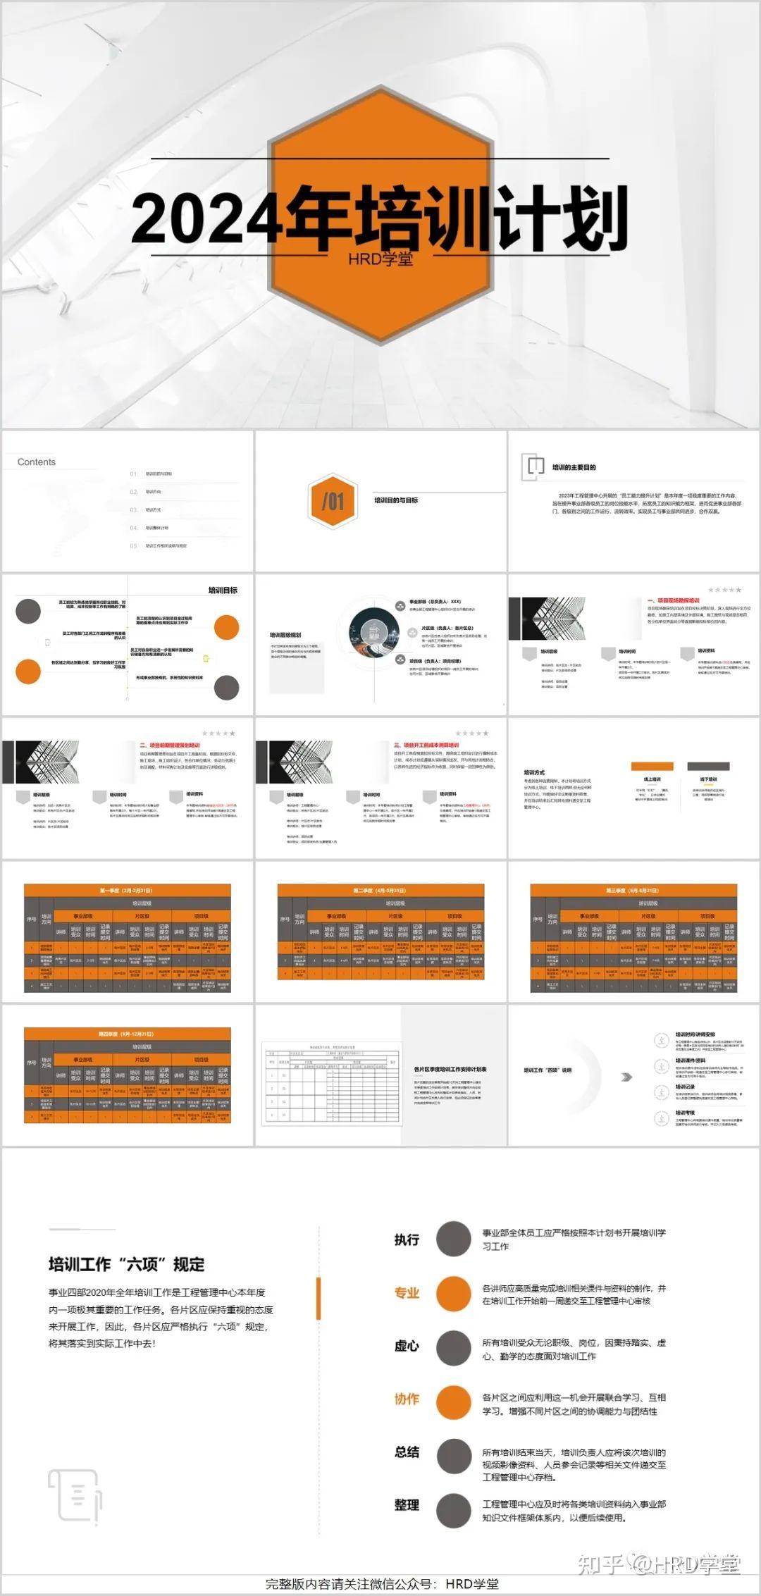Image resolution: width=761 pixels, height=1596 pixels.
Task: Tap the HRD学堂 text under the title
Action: pos(380,259)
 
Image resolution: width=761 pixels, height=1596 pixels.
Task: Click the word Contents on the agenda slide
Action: pos(37,462)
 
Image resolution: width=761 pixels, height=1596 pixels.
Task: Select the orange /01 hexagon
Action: pos(333,501)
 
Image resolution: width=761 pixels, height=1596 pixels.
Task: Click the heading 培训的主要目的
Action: pos(574,467)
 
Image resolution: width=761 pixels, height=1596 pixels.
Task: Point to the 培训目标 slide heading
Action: pos(223,590)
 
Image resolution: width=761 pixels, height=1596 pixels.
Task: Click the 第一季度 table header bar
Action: pos(127,891)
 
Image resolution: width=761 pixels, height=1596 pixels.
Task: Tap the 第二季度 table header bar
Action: pos(380,891)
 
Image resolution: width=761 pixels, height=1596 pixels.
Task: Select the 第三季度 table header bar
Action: pos(633,891)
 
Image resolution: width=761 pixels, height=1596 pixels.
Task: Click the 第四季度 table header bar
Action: pos(127,1034)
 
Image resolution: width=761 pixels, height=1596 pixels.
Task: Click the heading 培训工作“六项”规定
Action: pos(126,1264)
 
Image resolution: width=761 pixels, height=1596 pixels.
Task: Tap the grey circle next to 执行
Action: pos(453,1239)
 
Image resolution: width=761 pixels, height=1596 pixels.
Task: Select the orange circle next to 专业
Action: pos(453,1293)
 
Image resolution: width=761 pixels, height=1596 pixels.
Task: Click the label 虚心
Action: pos(407,1346)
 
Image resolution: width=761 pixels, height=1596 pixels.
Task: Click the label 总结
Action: pos(407,1452)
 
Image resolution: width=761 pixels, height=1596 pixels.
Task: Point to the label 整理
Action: pos(407,1505)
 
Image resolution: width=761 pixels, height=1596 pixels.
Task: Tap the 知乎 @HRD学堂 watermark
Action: pos(659,1565)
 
